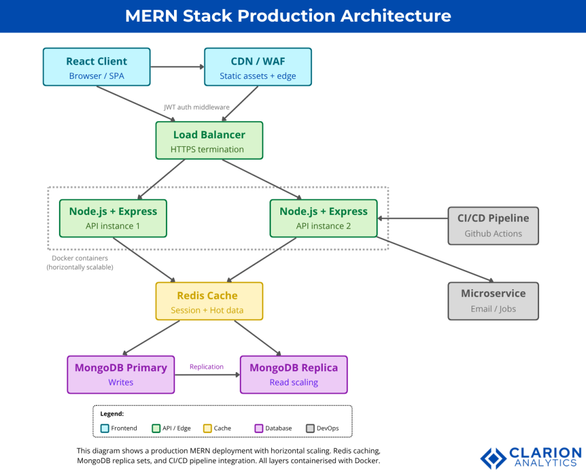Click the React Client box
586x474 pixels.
[97, 67]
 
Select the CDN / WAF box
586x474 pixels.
[258, 67]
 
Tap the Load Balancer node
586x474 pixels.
[209, 141]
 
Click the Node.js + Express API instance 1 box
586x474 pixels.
[113, 218]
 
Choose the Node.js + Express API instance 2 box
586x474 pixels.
[323, 218]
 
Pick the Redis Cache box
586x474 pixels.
[209, 301]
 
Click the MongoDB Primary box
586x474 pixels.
[121, 375]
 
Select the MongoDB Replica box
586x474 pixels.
[294, 375]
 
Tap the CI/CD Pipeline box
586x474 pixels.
[493, 225]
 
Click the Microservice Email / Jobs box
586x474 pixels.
[493, 301]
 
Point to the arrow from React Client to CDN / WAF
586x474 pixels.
[177, 67]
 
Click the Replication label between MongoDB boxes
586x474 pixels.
[207, 367]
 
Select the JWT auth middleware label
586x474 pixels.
[196, 107]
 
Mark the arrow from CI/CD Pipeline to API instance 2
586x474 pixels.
[412, 218]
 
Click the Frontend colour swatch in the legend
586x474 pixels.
[105, 428]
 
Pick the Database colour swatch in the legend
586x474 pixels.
[259, 428]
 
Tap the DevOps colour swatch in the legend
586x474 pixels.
[310, 428]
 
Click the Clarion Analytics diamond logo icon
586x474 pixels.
[493, 457]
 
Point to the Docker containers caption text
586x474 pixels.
[80, 262]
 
